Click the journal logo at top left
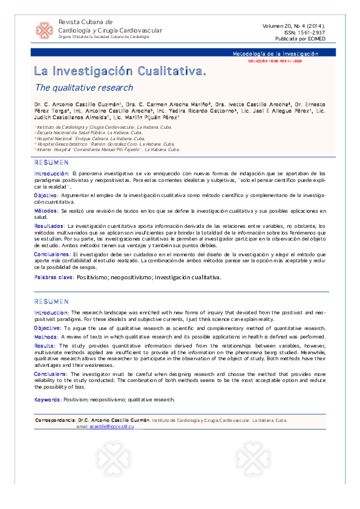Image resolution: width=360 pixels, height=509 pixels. (x=44, y=30)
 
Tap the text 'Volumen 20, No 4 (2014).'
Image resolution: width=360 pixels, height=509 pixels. (x=293, y=26)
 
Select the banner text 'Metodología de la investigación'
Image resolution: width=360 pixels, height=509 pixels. (x=275, y=54)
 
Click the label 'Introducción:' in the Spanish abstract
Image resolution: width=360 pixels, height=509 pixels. (x=51, y=173)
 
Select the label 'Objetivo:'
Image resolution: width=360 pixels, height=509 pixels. (x=46, y=196)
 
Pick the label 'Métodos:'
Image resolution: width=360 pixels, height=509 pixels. (x=46, y=210)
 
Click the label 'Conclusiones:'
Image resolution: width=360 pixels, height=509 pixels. (x=52, y=254)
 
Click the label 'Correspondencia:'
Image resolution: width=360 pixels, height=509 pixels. (x=56, y=420)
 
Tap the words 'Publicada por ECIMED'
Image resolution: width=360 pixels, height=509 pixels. (x=301, y=38)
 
